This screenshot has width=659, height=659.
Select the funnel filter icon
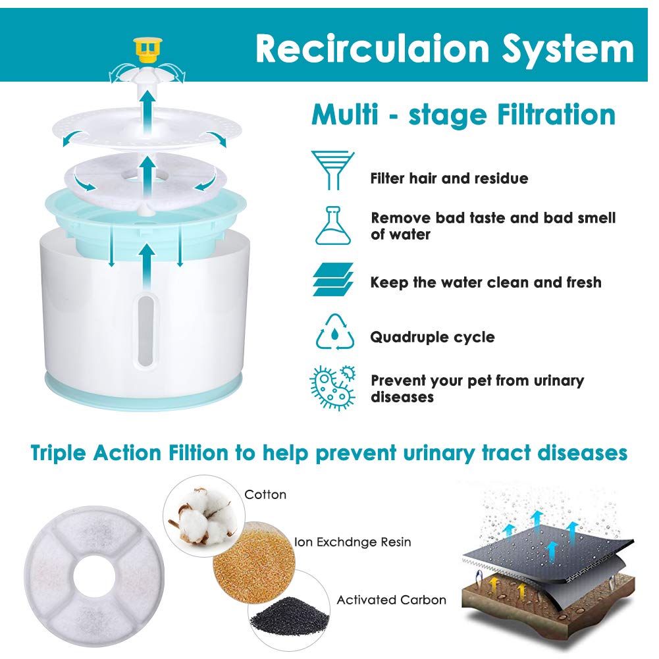point(332,170)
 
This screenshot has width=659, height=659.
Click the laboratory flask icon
point(333,226)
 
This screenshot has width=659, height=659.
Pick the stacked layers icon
point(333,280)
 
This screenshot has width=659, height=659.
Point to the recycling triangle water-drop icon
point(334,332)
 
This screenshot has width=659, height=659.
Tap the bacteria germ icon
point(333,388)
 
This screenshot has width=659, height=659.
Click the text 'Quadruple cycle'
point(433,337)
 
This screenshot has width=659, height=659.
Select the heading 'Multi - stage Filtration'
point(463,115)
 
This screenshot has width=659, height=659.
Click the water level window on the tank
point(146,329)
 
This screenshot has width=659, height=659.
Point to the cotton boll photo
point(204,515)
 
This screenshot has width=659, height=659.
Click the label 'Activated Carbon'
point(391,600)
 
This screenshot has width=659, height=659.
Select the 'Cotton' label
point(265,494)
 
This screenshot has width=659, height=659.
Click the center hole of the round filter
point(94,577)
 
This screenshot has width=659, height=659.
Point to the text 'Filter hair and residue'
point(449,178)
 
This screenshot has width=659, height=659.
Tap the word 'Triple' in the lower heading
point(59,454)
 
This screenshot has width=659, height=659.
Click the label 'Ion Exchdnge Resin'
point(353,542)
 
